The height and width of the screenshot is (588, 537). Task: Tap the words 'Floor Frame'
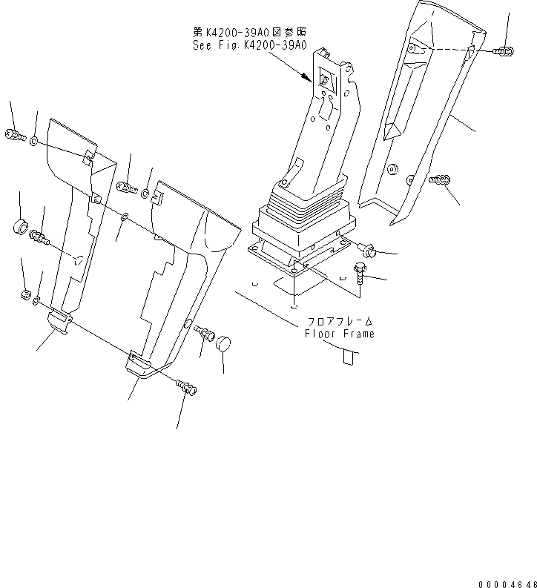340,334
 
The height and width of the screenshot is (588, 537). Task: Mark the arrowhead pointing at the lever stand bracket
306,75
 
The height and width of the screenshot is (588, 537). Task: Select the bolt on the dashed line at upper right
501,51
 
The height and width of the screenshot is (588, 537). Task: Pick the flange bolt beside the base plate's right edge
368,250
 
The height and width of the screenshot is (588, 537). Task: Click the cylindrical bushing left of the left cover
20,224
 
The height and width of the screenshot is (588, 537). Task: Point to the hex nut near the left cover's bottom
24,296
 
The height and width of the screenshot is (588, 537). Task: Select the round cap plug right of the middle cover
224,343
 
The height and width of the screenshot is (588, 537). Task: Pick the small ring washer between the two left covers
125,217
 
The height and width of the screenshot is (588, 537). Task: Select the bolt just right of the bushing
39,237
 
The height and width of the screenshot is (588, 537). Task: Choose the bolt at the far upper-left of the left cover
14,135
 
